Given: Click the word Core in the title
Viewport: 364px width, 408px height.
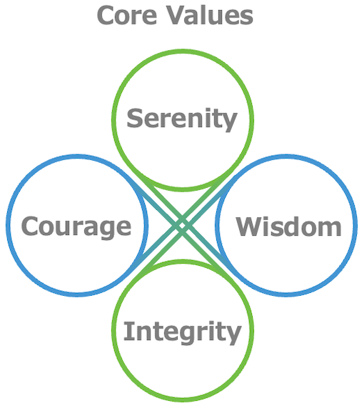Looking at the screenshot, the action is pos(127,16).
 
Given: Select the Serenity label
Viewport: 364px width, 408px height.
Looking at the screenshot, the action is pos(182,120).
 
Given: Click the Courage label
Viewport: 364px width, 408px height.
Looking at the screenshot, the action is pos(76,227).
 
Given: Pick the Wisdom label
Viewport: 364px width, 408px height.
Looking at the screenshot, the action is pos(288,227).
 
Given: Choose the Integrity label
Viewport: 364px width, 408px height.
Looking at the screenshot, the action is pos(182,332).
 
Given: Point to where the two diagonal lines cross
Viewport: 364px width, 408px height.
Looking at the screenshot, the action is pos(183,226).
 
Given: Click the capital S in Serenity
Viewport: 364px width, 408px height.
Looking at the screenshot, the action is pos(134,118).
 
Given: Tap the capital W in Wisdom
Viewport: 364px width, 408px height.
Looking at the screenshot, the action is pos(249,227).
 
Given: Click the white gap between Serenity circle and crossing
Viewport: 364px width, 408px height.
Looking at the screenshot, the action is pos(183,202).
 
